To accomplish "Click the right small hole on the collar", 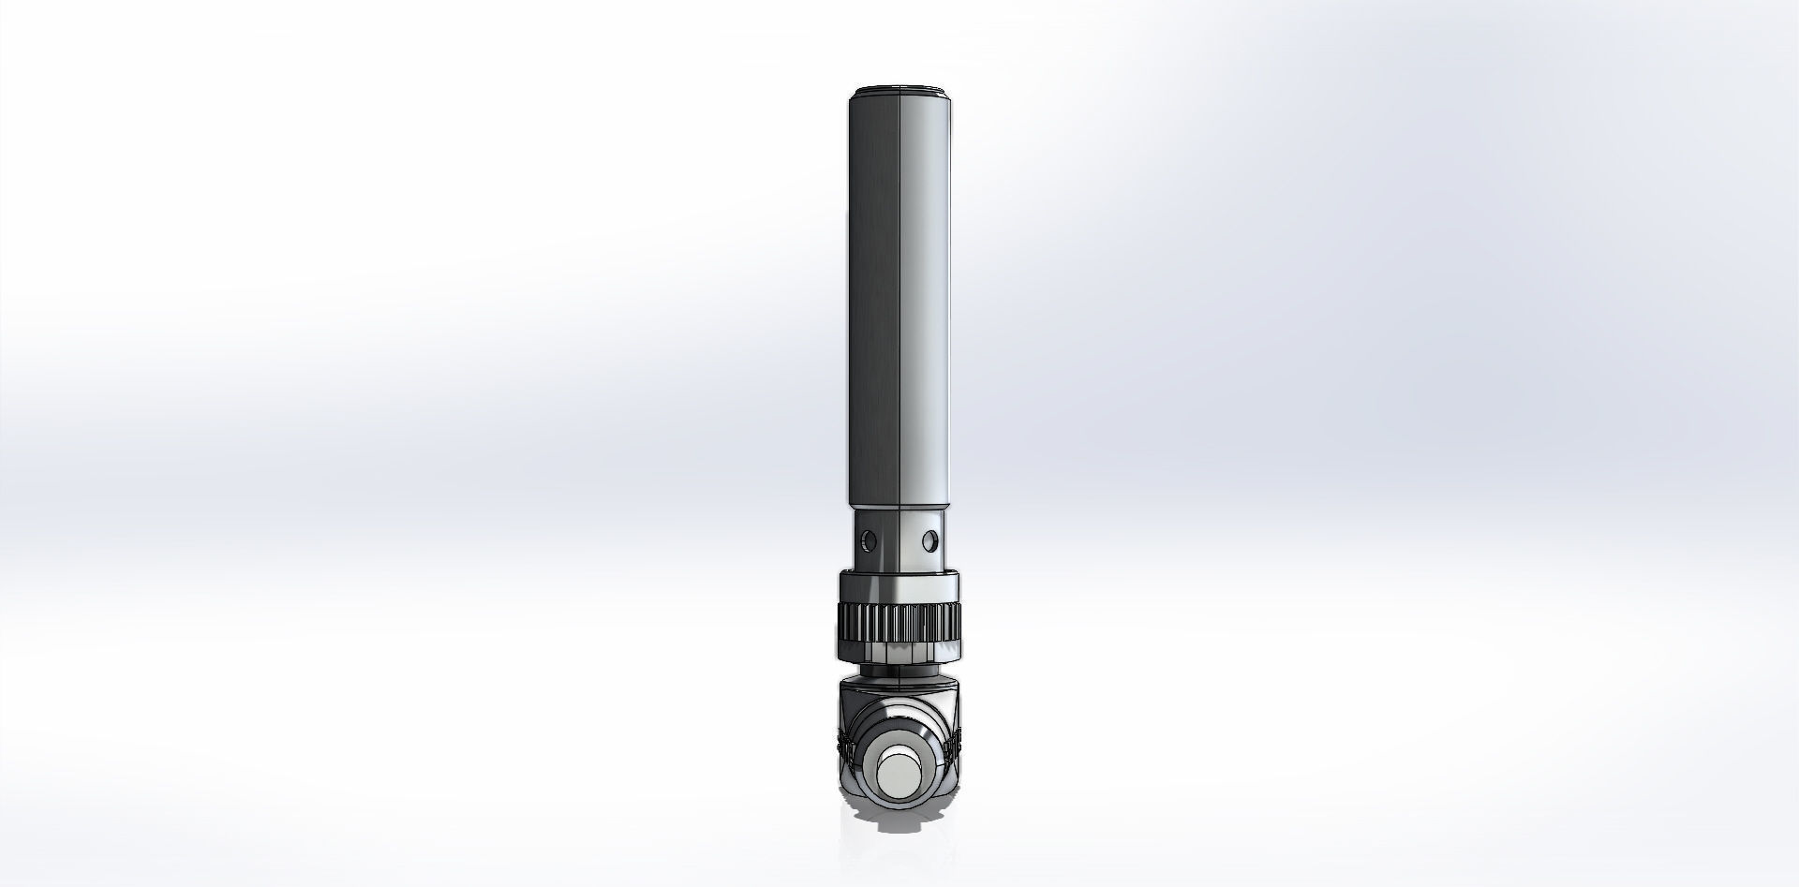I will click(929, 540).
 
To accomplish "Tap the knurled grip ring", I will click(899, 620).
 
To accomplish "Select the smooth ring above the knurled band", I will click(899, 588).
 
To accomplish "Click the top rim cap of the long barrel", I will click(899, 91).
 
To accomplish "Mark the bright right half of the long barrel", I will click(926, 300).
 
